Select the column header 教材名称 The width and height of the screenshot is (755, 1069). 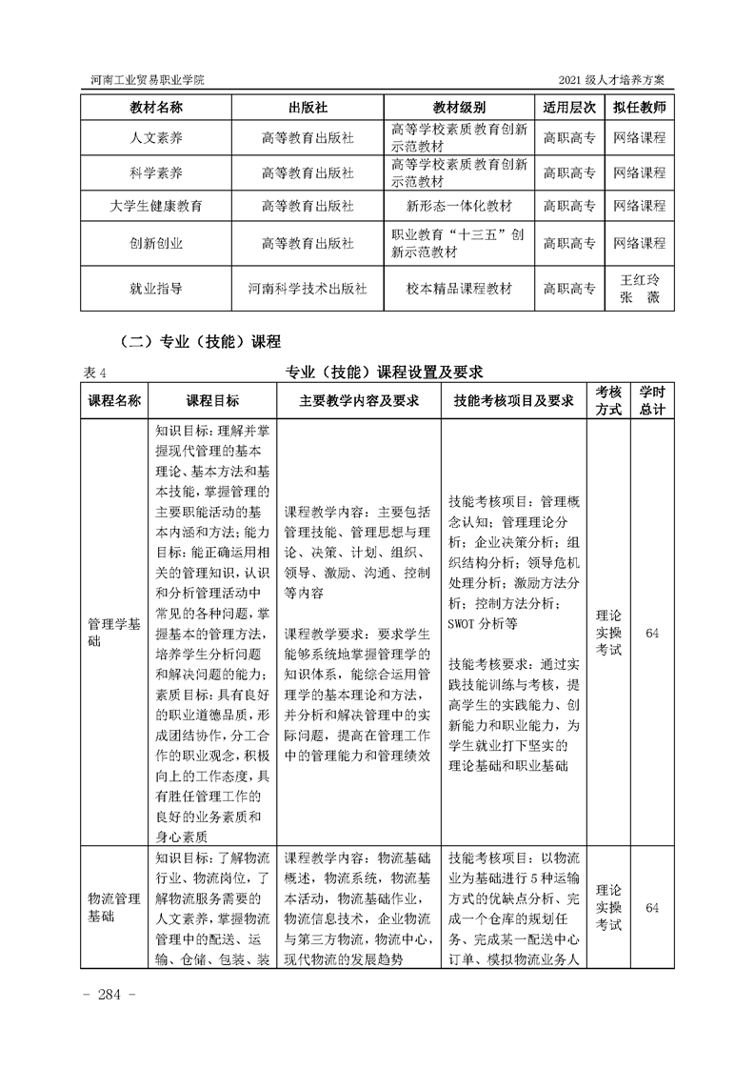(156, 106)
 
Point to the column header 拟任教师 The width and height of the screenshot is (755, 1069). (639, 106)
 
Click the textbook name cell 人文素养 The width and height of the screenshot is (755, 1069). (156, 138)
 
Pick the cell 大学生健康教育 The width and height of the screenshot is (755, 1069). (156, 205)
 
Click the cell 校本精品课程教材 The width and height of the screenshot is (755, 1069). (459, 288)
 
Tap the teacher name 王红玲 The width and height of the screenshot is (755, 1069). (639, 280)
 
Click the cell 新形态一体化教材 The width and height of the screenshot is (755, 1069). (459, 205)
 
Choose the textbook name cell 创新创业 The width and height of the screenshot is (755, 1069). (156, 243)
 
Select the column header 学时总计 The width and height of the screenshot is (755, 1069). (651, 400)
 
